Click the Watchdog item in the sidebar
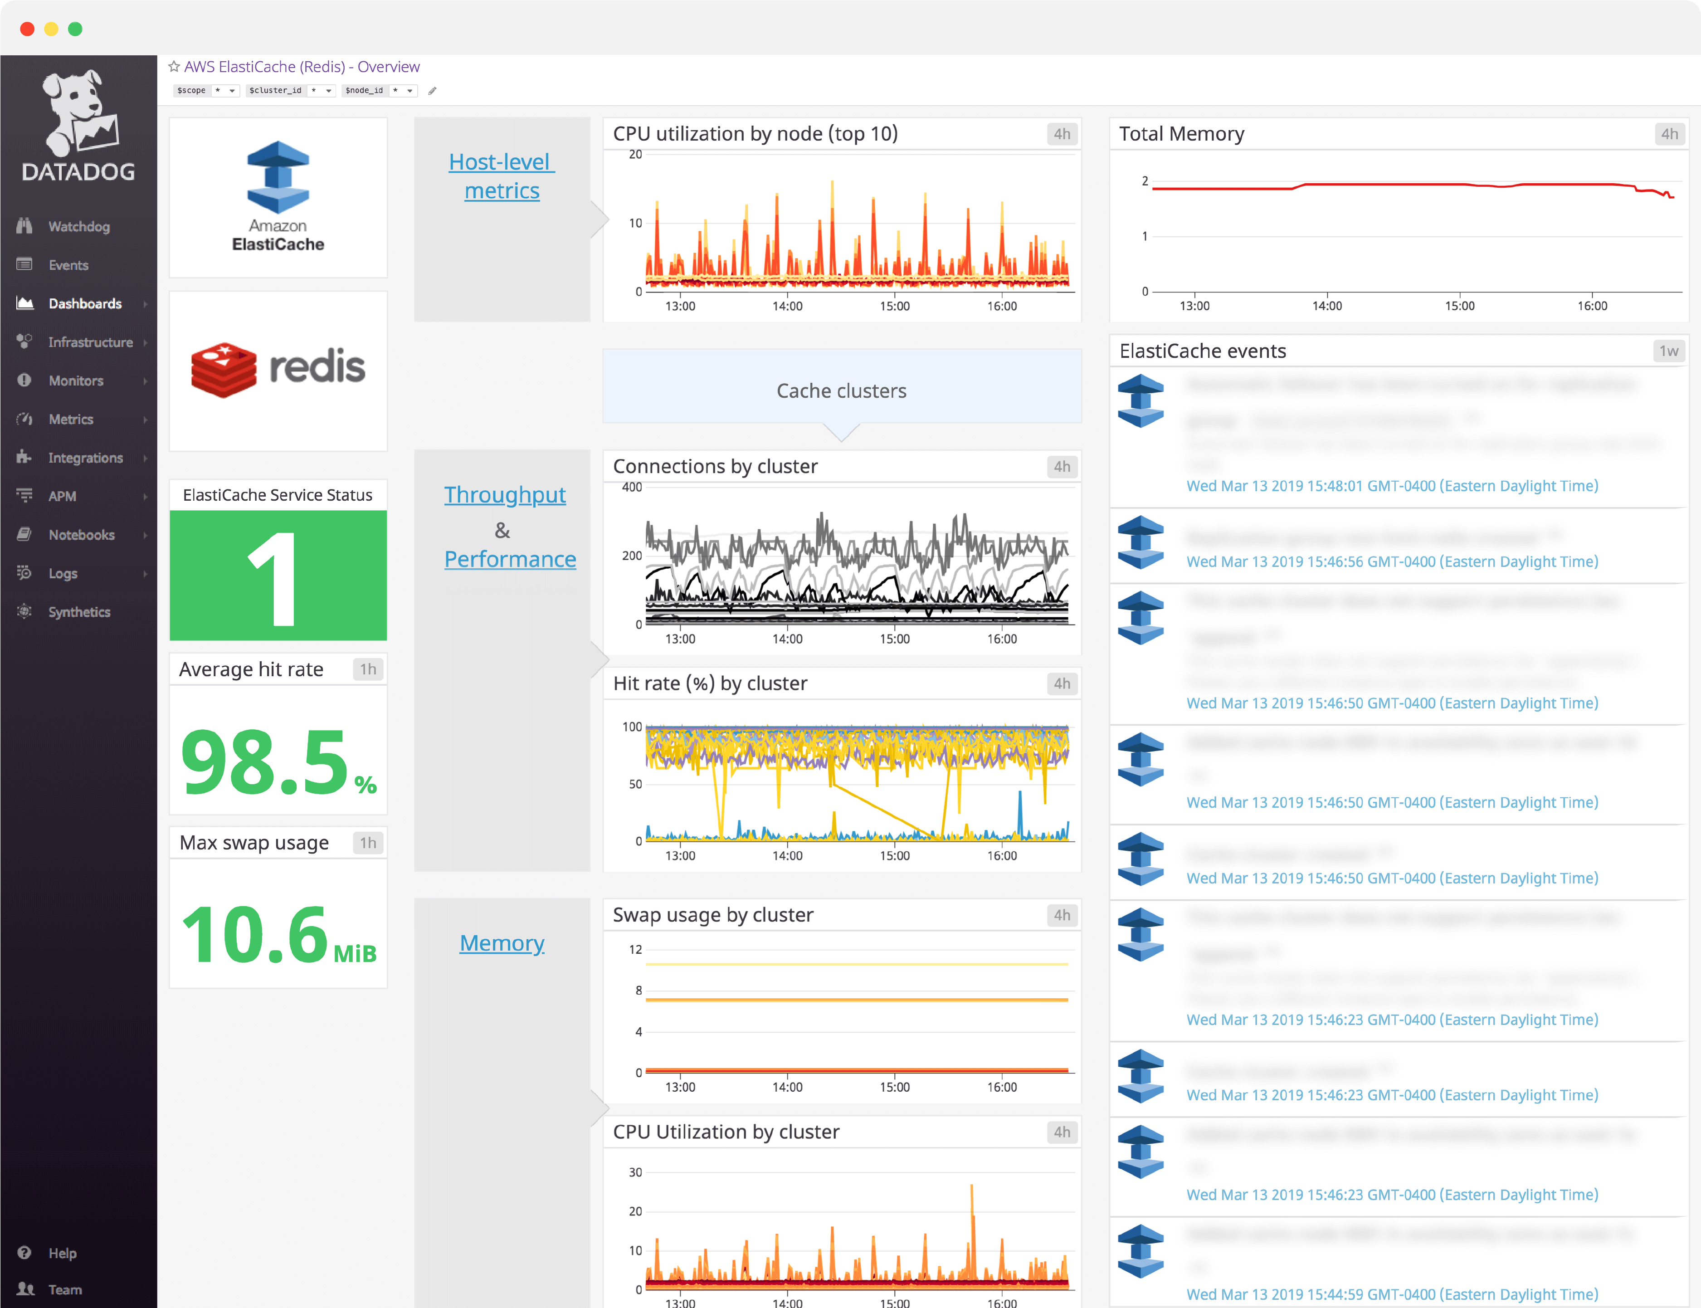click(x=78, y=227)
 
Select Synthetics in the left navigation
click(x=78, y=612)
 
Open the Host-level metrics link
click(x=502, y=176)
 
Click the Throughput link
click(x=504, y=495)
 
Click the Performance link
click(x=510, y=559)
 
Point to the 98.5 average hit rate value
click(x=265, y=761)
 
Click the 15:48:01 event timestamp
click(x=1392, y=486)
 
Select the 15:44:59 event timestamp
click(x=1392, y=1294)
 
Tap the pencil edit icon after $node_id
click(x=433, y=91)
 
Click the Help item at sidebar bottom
click(x=62, y=1253)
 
